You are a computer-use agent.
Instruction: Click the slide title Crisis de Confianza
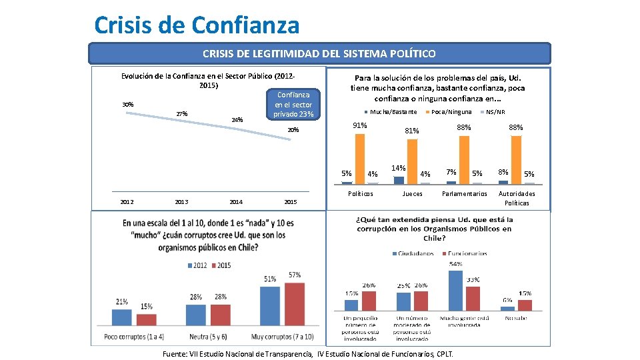click(x=197, y=25)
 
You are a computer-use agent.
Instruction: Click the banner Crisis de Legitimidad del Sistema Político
click(x=320, y=53)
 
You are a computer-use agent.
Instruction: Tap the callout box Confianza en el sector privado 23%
click(x=293, y=105)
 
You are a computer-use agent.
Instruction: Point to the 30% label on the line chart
click(x=127, y=105)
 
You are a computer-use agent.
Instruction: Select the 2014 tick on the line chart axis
click(x=236, y=202)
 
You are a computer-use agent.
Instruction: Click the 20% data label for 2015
click(x=293, y=130)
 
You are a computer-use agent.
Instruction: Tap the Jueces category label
click(x=412, y=194)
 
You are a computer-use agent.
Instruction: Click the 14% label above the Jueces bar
click(x=399, y=168)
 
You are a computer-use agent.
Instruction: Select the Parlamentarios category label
click(x=465, y=194)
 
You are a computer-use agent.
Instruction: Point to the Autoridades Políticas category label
click(x=517, y=198)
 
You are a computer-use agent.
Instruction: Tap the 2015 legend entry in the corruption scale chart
click(x=221, y=265)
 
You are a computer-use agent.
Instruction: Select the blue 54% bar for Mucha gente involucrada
click(x=456, y=291)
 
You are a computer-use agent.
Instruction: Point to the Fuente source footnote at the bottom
click(x=308, y=354)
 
